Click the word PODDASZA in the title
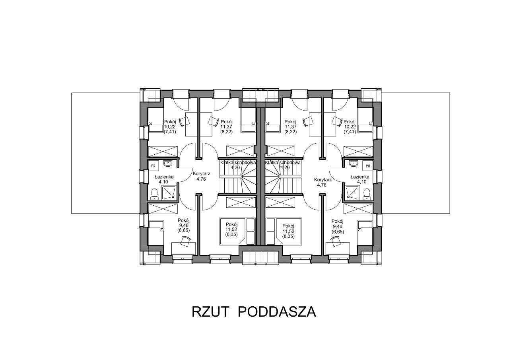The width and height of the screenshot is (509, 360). (x=277, y=311)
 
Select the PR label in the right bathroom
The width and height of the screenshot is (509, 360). (x=368, y=165)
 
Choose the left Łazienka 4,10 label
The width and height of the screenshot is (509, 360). (x=161, y=179)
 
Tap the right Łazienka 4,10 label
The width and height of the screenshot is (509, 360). (x=359, y=179)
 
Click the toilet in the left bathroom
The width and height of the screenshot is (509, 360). (x=154, y=194)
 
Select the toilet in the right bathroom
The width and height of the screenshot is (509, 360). (x=367, y=194)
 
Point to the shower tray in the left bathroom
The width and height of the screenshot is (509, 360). (x=169, y=193)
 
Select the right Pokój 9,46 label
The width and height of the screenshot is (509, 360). (x=337, y=226)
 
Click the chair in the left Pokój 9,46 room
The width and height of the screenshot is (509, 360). (x=185, y=241)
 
